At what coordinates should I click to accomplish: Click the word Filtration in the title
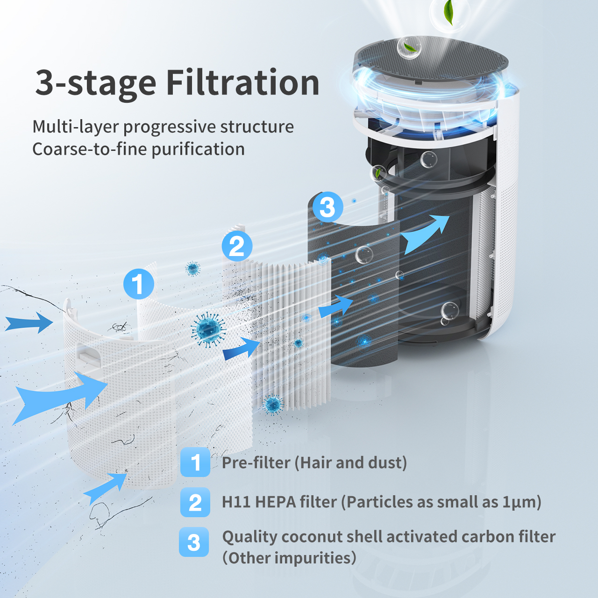(242, 83)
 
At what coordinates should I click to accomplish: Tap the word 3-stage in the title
(95, 83)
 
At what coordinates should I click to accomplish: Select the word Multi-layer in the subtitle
(75, 127)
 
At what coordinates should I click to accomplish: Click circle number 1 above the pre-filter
(138, 284)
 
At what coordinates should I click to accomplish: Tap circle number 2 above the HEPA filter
(237, 246)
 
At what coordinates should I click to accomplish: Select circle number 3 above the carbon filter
(327, 207)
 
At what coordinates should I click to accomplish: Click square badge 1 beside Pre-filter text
(195, 462)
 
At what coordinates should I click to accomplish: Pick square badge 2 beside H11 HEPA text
(195, 502)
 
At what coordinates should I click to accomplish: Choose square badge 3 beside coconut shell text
(194, 542)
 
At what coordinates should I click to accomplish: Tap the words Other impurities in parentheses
(289, 558)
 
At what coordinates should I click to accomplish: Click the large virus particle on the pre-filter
(208, 329)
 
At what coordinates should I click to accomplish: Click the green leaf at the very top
(449, 13)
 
